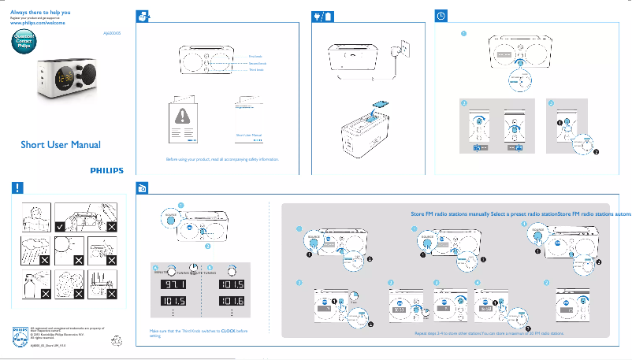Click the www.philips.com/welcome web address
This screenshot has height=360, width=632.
(37, 24)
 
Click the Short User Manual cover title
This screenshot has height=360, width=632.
(60, 145)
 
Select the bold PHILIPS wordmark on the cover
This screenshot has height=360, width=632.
(106, 169)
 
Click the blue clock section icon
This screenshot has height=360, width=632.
(442, 15)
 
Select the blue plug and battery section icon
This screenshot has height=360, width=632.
(321, 15)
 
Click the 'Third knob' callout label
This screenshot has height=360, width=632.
(256, 70)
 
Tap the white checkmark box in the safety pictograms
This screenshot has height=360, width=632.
(60, 226)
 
